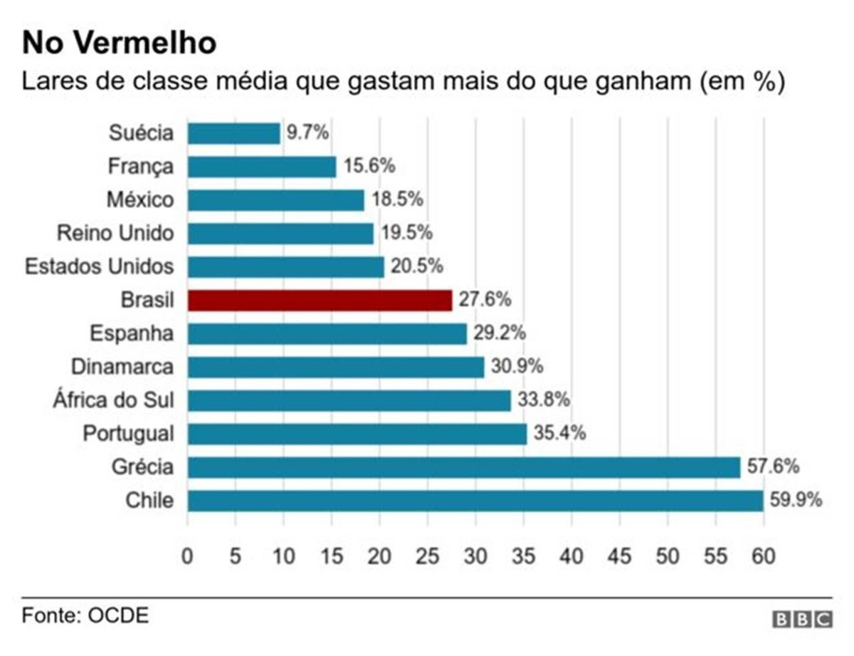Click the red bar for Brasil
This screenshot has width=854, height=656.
pos(320,301)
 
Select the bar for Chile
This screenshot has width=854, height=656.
pos(475,501)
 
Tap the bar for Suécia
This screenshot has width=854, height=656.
pos(233,133)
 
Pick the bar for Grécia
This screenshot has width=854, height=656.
pos(463,467)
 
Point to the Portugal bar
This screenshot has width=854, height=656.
pos(357,434)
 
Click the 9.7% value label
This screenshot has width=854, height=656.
pos(307,133)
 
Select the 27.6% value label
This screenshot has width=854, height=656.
pos(485,300)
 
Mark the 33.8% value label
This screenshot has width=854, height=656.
pos(543,400)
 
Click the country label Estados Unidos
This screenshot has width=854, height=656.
pos(99,267)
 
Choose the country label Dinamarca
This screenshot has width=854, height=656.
pos(122,367)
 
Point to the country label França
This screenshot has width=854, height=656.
pos(140,167)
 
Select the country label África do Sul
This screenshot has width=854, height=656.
pos(113,400)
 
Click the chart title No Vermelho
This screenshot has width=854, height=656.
pos(119,43)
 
